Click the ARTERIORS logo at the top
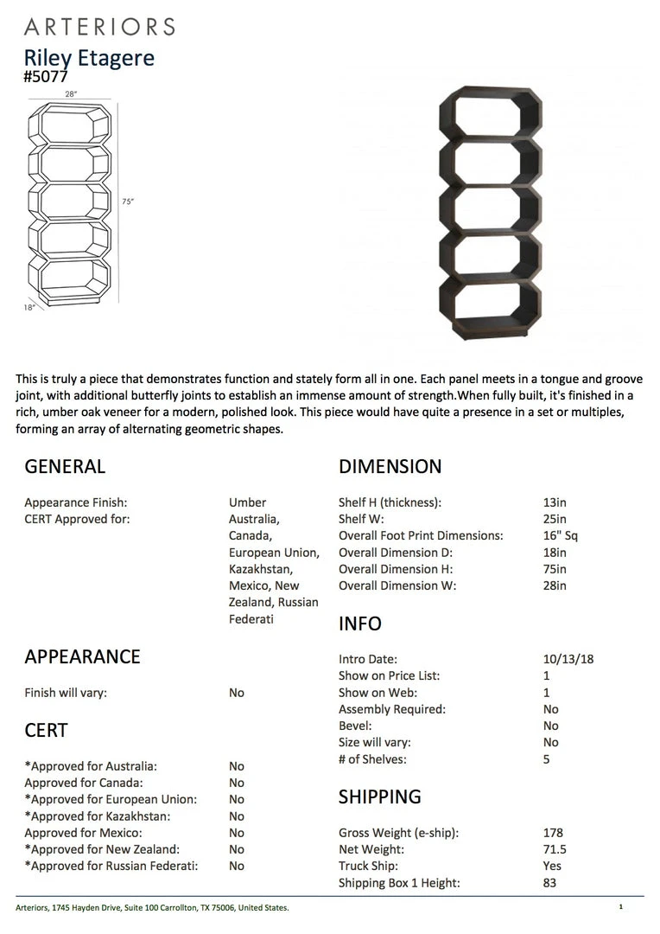[99, 26]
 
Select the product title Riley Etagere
[89, 58]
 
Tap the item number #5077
[46, 76]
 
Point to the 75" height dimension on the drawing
[128, 202]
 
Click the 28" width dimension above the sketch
[71, 93]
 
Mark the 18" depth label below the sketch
[29, 307]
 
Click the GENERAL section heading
[65, 467]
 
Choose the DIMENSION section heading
[390, 467]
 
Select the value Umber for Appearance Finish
[247, 502]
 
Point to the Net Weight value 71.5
[555, 849]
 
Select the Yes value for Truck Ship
[552, 866]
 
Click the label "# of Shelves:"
[372, 759]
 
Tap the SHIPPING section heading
[379, 796]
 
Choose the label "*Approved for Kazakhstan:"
[97, 816]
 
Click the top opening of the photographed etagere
[490, 118]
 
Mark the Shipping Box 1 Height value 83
[549, 882]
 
